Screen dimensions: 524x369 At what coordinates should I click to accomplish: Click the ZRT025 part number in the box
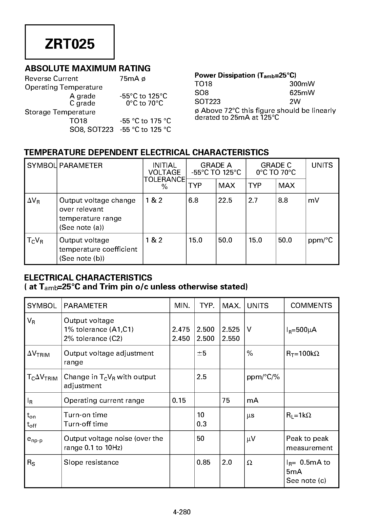pos(70,44)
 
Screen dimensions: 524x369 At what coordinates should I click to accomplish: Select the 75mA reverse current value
pos(129,79)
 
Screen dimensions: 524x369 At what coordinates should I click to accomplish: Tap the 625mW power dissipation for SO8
pos(302,93)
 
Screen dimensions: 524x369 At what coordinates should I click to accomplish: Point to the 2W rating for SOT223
pos(295,101)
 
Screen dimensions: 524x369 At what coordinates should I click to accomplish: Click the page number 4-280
pos(182,512)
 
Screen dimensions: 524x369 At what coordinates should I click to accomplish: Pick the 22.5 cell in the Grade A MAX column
pos(225,200)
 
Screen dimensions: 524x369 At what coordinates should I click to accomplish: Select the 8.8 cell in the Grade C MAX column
pos(283,200)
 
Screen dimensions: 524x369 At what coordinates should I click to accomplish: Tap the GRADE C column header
pos(276,165)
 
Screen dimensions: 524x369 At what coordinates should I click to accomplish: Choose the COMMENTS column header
pos(311,305)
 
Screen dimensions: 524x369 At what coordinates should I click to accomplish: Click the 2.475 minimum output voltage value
pos(181,329)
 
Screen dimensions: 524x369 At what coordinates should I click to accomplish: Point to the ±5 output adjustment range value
pos(201,353)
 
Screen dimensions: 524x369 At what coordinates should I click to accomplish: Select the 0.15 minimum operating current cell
pos(179,400)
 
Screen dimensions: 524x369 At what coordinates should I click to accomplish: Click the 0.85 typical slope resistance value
pos(203,462)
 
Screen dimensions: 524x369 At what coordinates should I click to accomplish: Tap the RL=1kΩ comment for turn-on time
pos(298,415)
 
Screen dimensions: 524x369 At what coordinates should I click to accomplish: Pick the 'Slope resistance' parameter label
pos(91,462)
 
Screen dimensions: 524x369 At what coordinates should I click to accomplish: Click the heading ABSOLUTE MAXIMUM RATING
pos(88,68)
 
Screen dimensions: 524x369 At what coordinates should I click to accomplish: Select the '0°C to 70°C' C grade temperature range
pos(145,103)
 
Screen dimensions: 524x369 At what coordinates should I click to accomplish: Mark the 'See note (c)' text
pos(306,481)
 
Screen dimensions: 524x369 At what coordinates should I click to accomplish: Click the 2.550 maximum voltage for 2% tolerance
pos(231,339)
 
